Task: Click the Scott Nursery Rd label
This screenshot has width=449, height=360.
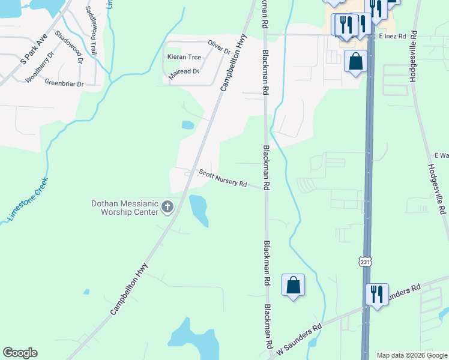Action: click(223, 178)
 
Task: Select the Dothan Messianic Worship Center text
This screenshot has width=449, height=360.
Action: click(125, 207)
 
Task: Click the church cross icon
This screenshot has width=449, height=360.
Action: click(167, 208)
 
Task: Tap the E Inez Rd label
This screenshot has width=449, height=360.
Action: click(398, 36)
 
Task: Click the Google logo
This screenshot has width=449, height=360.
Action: click(20, 353)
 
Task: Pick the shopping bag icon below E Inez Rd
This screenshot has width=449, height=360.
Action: click(355, 61)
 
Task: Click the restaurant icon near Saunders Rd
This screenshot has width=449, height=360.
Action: click(377, 295)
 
